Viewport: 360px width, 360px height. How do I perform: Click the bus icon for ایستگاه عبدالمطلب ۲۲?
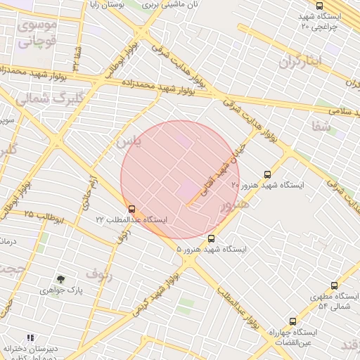tap(131, 209)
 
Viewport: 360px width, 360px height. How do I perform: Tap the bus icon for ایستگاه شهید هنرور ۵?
tap(212, 238)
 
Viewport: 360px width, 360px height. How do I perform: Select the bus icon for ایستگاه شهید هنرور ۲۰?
tap(266, 174)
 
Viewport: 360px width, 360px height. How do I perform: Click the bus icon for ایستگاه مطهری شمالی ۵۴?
tap(334, 286)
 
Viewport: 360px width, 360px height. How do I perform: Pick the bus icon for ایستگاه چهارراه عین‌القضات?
tap(292, 321)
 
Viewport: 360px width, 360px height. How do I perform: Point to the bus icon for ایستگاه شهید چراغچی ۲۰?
tap(320, 6)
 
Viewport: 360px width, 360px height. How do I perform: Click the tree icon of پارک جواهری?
tap(60, 279)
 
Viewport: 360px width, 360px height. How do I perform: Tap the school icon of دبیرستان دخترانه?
tap(30, 337)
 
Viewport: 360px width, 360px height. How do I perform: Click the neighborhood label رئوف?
tap(98, 272)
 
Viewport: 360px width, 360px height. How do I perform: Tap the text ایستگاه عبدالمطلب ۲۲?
tap(132, 219)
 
